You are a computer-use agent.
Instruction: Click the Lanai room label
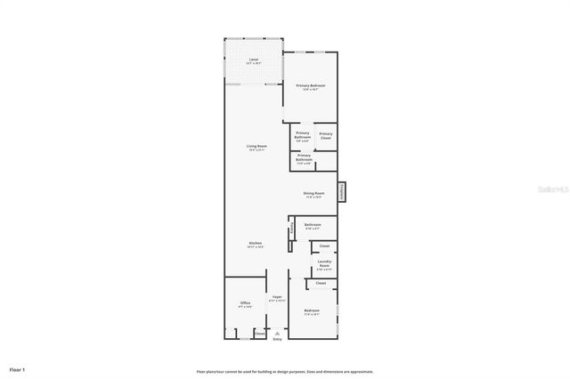click(x=253, y=59)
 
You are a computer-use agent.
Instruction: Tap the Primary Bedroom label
click(x=311, y=85)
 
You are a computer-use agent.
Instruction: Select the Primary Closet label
click(x=326, y=135)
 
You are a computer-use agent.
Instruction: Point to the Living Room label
click(x=257, y=146)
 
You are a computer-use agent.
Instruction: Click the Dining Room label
click(x=313, y=193)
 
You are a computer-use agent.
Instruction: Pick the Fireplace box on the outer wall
click(x=341, y=191)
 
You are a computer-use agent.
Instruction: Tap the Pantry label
click(x=290, y=230)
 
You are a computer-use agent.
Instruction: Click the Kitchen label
click(x=255, y=243)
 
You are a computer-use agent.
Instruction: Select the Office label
click(x=245, y=303)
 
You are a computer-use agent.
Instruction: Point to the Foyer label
click(x=277, y=296)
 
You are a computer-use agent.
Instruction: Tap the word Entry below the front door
click(x=277, y=339)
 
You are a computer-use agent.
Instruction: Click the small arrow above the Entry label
click(x=277, y=333)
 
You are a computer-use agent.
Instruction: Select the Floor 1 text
click(x=18, y=368)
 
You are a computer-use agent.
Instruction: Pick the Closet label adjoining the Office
click(x=260, y=334)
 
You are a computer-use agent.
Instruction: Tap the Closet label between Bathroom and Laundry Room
click(x=324, y=246)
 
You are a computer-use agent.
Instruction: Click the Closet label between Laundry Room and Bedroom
click(x=321, y=283)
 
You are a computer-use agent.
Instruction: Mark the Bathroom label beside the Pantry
click(x=313, y=225)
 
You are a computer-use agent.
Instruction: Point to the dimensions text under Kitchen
click(x=255, y=247)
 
